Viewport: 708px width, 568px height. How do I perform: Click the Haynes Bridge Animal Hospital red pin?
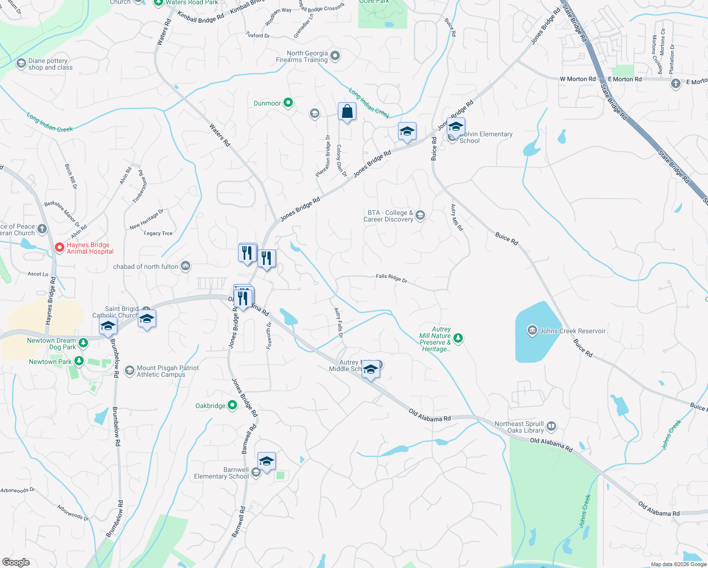tap(60, 248)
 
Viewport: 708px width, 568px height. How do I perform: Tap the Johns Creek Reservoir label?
tap(572, 331)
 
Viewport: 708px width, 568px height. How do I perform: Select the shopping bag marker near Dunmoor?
tap(347, 112)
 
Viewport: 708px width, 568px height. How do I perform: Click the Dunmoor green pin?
tap(288, 103)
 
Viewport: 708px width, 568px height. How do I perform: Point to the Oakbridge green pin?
tap(232, 405)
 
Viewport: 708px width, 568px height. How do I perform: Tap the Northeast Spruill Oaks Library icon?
tap(551, 426)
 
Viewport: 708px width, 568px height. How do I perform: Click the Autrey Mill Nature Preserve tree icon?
tap(458, 338)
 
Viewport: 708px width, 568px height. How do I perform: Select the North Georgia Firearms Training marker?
tap(335, 56)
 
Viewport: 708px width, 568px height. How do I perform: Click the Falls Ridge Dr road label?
tap(391, 278)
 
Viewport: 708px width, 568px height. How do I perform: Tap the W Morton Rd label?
tap(577, 79)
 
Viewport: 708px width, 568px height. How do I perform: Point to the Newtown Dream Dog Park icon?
tap(83, 342)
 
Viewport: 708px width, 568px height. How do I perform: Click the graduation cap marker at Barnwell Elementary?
tap(266, 461)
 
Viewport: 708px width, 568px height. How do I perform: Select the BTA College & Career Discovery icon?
tap(420, 216)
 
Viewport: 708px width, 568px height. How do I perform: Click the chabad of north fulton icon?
tap(185, 266)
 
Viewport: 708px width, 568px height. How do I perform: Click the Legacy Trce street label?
tap(158, 233)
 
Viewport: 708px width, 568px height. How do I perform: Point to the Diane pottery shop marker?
tap(21, 63)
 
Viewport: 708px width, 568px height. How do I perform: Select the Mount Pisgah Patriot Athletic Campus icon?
tap(129, 371)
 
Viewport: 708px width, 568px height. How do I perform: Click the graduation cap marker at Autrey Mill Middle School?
tap(371, 369)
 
